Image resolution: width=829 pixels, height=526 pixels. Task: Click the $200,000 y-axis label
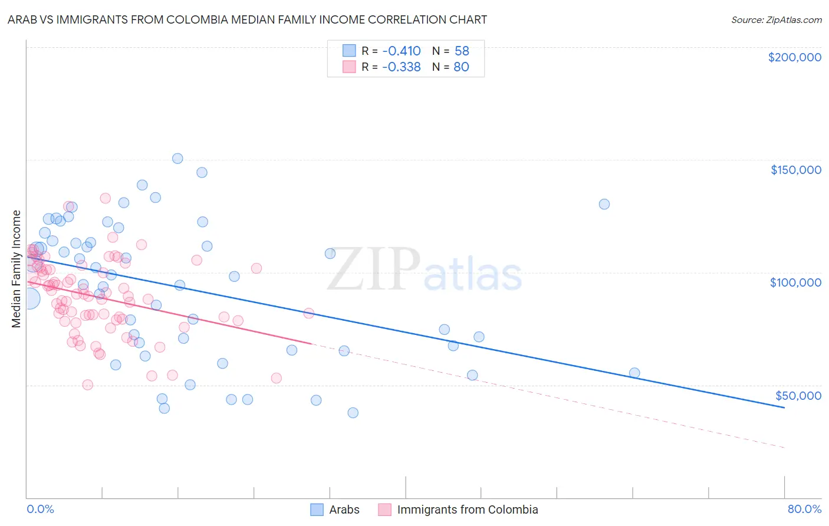(794, 57)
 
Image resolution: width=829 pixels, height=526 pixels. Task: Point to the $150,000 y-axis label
(795, 170)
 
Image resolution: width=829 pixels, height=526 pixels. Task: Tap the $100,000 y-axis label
(795, 282)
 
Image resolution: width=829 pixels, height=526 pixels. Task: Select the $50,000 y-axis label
(798, 395)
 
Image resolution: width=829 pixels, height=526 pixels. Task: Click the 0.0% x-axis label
(40, 509)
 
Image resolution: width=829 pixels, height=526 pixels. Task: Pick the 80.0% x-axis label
(804, 509)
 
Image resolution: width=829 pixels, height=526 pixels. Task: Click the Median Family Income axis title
(17, 269)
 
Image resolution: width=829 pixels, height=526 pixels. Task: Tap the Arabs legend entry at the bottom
(344, 509)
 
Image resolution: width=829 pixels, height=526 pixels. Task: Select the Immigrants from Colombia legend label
(467, 509)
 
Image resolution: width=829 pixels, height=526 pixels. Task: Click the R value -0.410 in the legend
(401, 51)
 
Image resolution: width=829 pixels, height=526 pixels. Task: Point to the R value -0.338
(401, 67)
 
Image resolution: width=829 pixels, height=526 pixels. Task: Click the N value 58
(462, 51)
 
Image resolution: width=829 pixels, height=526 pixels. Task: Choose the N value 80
(461, 67)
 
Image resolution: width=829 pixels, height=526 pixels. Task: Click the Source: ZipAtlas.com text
(776, 19)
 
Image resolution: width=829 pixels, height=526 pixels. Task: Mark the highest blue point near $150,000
(177, 158)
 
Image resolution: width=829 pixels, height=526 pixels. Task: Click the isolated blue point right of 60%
(604, 204)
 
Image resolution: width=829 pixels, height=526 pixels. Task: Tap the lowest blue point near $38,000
(353, 413)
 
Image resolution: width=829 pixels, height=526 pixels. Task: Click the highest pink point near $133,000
(105, 198)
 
